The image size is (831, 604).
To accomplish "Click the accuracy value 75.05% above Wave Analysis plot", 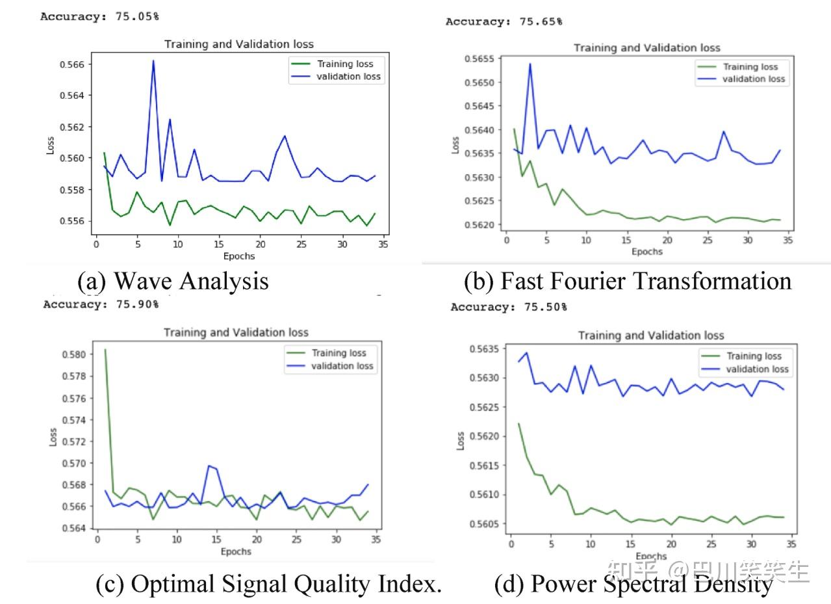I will click(137, 16).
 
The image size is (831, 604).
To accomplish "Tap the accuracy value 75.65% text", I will click(541, 21).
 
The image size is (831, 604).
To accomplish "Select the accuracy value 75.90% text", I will click(136, 304).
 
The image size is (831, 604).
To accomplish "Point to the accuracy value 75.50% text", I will click(545, 306).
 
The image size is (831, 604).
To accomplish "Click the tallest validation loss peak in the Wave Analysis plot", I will click(153, 60).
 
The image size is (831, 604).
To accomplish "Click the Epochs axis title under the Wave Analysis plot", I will click(238, 256).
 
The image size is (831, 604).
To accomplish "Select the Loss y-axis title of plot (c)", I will click(53, 437).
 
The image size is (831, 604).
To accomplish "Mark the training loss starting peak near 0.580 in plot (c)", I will click(105, 350).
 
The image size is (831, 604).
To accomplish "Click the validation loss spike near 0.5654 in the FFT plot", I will click(530, 64).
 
